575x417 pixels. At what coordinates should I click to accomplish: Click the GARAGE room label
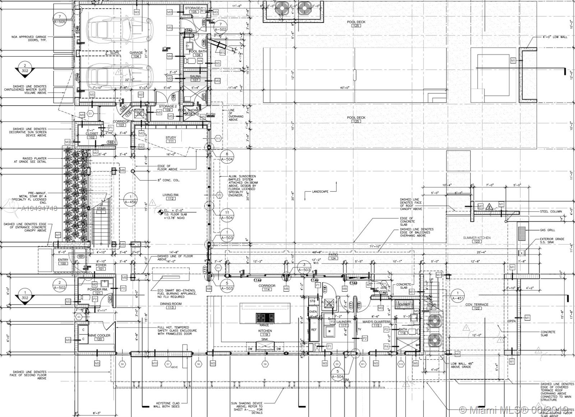[136, 52]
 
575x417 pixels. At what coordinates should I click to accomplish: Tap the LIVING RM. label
[171, 195]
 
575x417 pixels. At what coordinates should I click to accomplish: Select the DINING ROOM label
[171, 304]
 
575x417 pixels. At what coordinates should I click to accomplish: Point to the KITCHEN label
[265, 330]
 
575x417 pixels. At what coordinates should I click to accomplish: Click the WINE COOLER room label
[99, 335]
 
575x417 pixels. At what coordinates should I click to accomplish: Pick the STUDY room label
[171, 138]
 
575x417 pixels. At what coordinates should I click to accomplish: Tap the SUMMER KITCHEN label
[477, 238]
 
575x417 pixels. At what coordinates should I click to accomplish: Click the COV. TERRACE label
[477, 305]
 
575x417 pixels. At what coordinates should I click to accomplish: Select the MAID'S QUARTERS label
[376, 321]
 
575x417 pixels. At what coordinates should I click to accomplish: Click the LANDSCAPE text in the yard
[320, 192]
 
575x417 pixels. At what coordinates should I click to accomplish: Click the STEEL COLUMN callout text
[551, 212]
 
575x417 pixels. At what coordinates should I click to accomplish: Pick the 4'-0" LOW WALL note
[555, 37]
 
